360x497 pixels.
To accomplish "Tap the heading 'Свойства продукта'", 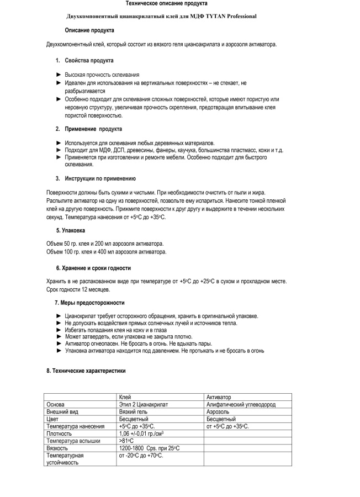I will click(89, 60).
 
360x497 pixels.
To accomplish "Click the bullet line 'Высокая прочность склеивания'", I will click(102, 74).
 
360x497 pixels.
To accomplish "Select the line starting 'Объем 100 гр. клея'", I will click(106, 251).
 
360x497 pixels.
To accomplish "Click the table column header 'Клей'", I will click(125, 397).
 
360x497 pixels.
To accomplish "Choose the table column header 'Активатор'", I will click(218, 397).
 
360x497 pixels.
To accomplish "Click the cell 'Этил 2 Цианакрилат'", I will click(143, 404).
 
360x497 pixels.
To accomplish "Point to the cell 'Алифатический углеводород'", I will click(241, 404).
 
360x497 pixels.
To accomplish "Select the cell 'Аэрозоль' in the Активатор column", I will click(219, 411).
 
